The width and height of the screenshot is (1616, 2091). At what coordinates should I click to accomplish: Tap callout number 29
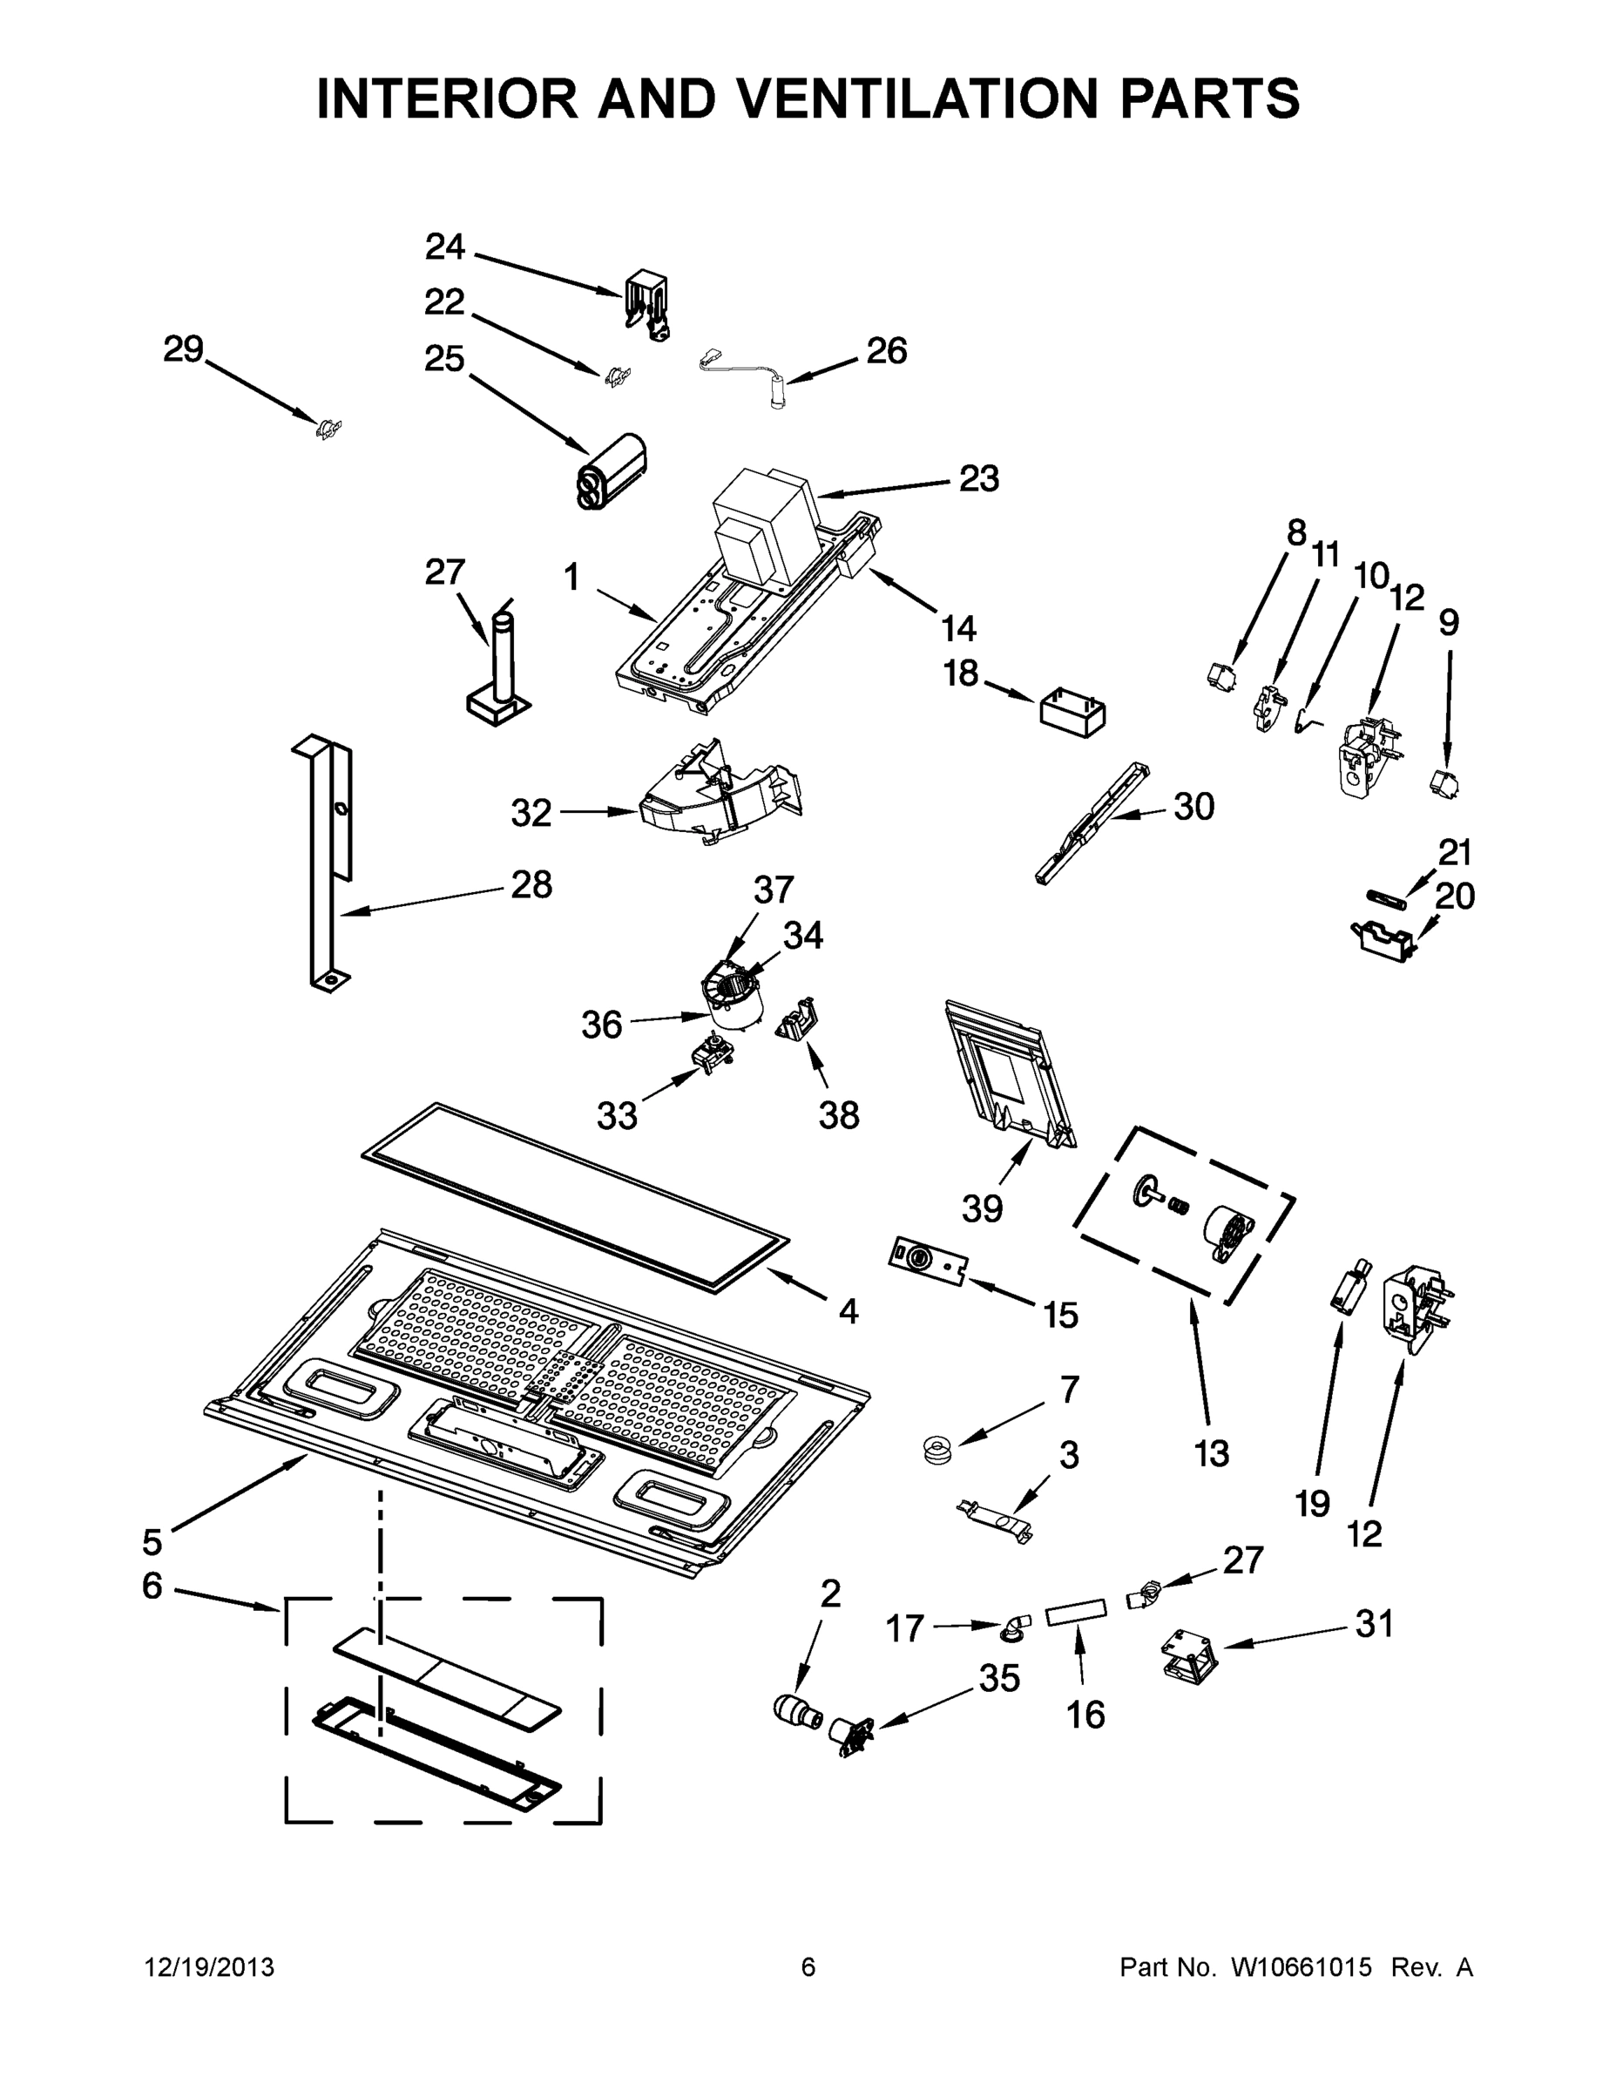click(x=183, y=349)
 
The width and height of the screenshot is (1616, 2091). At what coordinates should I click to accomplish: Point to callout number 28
click(x=531, y=884)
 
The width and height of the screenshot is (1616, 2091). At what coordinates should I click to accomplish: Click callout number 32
click(x=531, y=813)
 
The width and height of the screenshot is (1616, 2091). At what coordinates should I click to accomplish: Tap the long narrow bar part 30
click(x=1092, y=823)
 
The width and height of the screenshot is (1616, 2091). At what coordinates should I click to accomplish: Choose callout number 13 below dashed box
click(x=1211, y=1453)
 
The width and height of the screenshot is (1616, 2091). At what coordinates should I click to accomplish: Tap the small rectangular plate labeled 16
click(x=1077, y=1615)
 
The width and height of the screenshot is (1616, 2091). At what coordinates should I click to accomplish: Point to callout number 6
click(x=152, y=1587)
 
